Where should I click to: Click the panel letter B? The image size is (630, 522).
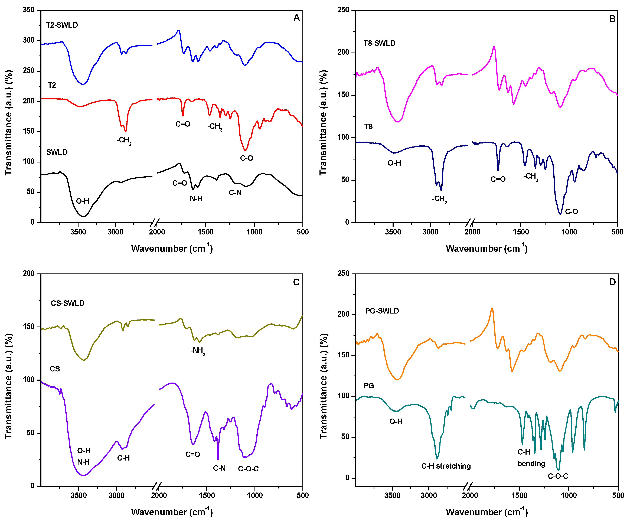click(612, 19)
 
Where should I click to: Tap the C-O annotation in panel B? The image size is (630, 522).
click(571, 211)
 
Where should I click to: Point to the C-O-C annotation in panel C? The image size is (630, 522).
click(248, 469)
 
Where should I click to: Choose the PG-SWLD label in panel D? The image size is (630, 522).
click(382, 311)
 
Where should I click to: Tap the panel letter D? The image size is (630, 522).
click(612, 282)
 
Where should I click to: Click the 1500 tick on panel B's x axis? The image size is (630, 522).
click(521, 232)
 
